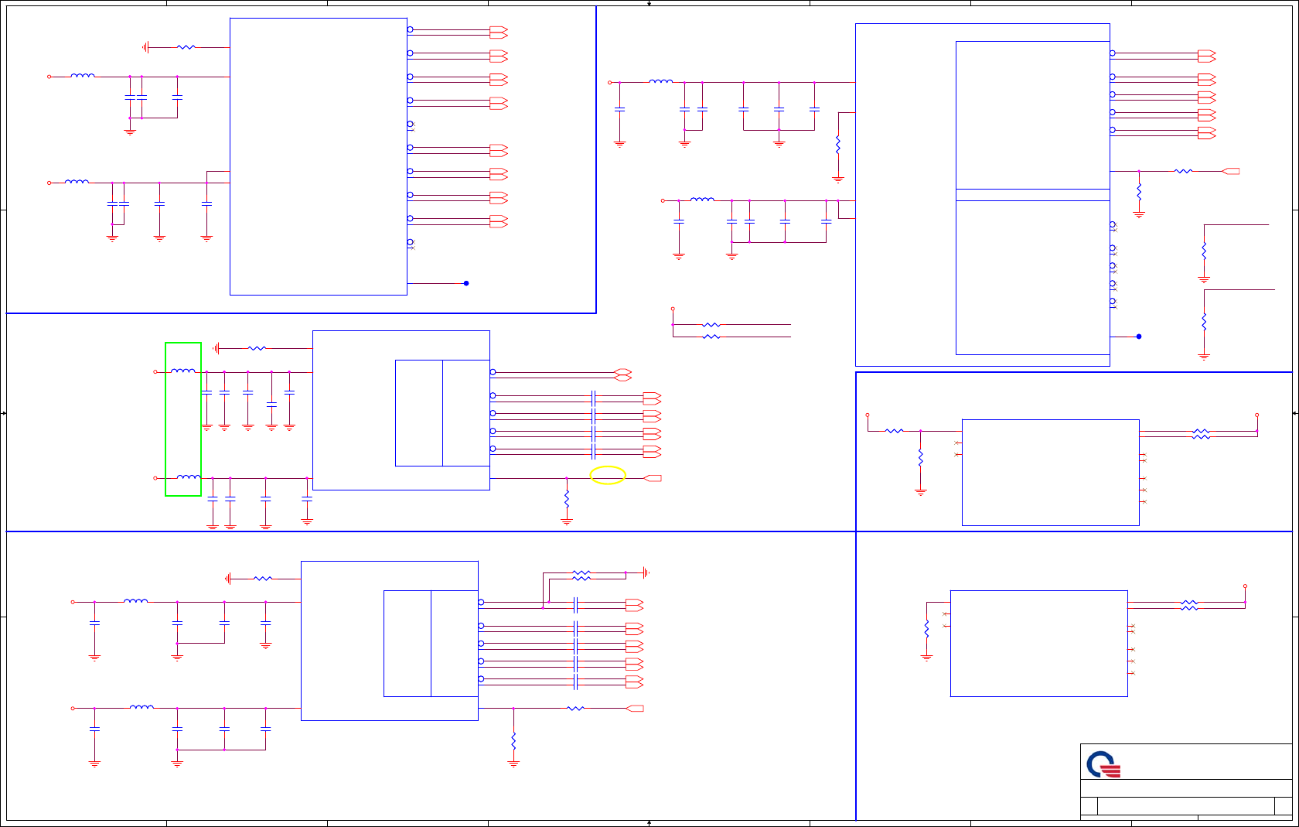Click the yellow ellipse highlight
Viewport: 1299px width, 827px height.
coord(608,475)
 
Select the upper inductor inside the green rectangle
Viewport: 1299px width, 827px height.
coord(183,371)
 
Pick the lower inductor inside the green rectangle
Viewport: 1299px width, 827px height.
coord(188,477)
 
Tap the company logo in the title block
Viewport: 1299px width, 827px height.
coord(1103,764)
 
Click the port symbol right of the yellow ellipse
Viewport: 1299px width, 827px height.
coord(653,478)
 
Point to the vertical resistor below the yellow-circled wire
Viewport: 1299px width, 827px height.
coord(567,500)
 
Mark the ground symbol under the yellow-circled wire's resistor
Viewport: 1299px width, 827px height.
coord(567,522)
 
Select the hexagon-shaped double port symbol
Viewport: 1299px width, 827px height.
coord(622,374)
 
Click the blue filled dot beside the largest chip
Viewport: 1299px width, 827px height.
coord(1139,337)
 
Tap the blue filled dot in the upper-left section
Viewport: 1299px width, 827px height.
coord(466,283)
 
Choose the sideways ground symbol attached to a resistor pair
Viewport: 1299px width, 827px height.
coord(645,573)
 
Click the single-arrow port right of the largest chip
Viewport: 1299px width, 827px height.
coord(1231,171)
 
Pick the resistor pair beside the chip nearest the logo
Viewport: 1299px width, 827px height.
coord(1189,605)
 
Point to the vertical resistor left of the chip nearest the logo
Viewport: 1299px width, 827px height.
coord(926,629)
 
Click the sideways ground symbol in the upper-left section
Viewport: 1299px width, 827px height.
coord(145,47)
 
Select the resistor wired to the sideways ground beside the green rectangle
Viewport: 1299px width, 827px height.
coord(257,348)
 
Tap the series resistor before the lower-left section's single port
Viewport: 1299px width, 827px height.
coord(576,708)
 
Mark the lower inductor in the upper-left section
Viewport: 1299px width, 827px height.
coord(77,182)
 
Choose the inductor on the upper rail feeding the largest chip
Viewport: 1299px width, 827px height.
coord(661,81)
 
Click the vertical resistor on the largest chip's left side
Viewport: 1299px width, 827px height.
coord(838,145)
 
